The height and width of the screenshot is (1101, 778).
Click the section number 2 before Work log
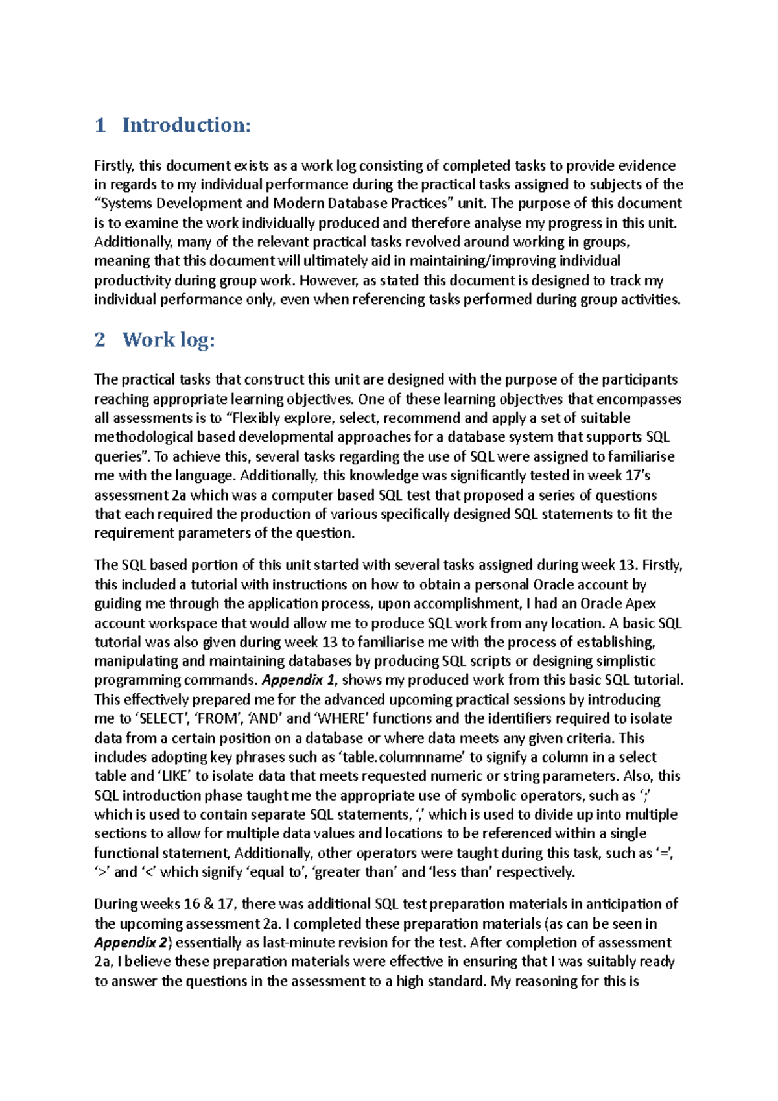click(x=100, y=340)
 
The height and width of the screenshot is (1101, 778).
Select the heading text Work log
click(x=169, y=340)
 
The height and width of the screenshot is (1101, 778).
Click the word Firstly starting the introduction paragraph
click(x=114, y=166)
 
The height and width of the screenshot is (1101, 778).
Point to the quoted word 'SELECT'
click(x=161, y=718)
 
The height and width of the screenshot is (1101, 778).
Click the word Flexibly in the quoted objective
click(x=257, y=418)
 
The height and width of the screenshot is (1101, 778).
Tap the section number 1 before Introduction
click(x=100, y=125)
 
